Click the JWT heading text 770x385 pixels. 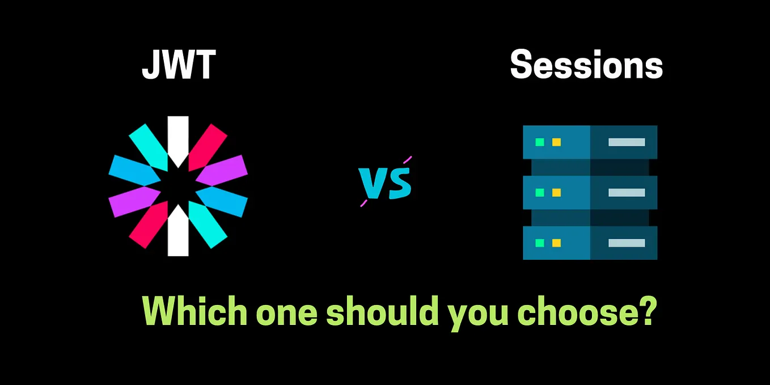pos(179,65)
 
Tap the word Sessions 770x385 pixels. pos(586,64)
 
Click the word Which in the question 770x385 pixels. pos(194,311)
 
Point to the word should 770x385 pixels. pos(382,311)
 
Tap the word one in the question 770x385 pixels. pos(287,315)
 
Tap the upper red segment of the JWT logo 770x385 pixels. pos(207,147)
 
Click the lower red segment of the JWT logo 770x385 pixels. pos(149,225)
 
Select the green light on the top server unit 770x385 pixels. pos(540,142)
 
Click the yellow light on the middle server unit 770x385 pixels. pos(556,193)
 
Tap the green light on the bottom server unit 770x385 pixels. pos(540,243)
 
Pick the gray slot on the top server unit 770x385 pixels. pos(627,142)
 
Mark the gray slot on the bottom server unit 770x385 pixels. pos(627,243)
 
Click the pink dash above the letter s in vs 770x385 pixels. pos(407,160)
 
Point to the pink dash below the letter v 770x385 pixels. pos(363,203)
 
